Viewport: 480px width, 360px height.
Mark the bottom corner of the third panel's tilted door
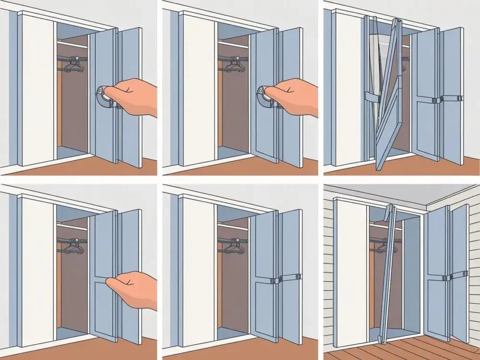pyautogui.click(x=378, y=168)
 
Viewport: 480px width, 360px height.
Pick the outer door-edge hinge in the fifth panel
pyautogui.click(x=299, y=277)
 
